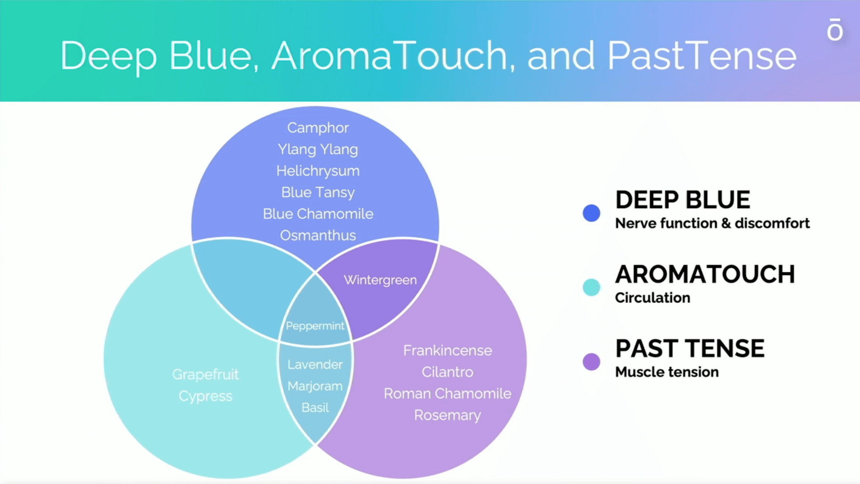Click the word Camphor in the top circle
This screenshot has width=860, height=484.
click(318, 128)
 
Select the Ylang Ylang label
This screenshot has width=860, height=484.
click(318, 149)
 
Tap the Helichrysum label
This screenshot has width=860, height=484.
click(318, 171)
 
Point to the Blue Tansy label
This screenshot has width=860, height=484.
click(318, 192)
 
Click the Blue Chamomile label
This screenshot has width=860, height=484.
click(318, 214)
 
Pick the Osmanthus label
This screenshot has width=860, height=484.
click(318, 235)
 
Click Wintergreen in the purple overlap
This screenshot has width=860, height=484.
click(380, 280)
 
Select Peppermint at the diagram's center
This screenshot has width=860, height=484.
click(315, 326)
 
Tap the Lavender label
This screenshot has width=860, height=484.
click(315, 364)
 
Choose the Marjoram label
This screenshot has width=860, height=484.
click(315, 386)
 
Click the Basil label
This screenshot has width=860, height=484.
click(315, 407)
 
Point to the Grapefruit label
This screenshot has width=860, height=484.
click(205, 375)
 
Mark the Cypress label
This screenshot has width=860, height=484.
click(205, 396)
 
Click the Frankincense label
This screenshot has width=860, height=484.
click(447, 351)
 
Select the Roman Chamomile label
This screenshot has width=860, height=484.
click(447, 394)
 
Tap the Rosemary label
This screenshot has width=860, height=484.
click(447, 415)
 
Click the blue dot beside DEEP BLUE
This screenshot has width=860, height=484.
click(591, 213)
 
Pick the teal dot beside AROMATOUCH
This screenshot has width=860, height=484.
click(591, 287)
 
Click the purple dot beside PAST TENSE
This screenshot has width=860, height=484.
click(591, 362)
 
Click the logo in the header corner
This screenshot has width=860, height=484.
click(834, 29)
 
